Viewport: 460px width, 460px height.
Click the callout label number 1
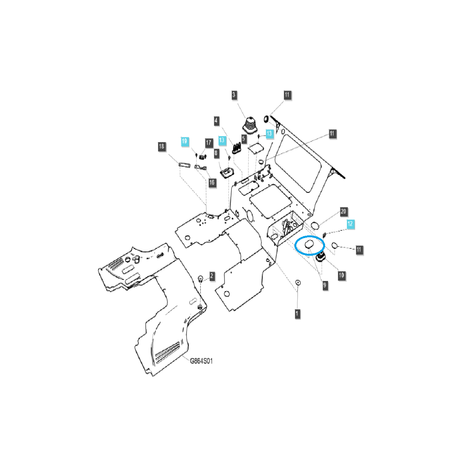[297, 314]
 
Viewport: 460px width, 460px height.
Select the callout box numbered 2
[212, 276]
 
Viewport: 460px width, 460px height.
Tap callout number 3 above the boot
[234, 95]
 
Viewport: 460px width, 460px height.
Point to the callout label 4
[217, 121]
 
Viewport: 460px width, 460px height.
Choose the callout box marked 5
[243, 138]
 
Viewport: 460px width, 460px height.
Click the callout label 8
[216, 154]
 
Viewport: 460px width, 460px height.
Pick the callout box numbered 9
[325, 285]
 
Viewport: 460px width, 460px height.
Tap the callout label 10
[341, 275]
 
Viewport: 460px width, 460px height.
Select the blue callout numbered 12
[351, 224]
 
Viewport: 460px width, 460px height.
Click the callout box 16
[212, 182]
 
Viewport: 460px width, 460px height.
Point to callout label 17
[209, 143]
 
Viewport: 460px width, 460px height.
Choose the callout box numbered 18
[161, 146]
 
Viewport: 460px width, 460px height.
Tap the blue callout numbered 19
[185, 141]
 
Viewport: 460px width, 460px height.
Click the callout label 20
[343, 212]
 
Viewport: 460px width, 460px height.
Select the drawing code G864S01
[201, 361]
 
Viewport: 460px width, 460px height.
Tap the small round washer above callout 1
[297, 283]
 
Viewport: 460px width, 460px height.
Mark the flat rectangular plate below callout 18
[185, 165]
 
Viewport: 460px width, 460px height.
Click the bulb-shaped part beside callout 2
[200, 278]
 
